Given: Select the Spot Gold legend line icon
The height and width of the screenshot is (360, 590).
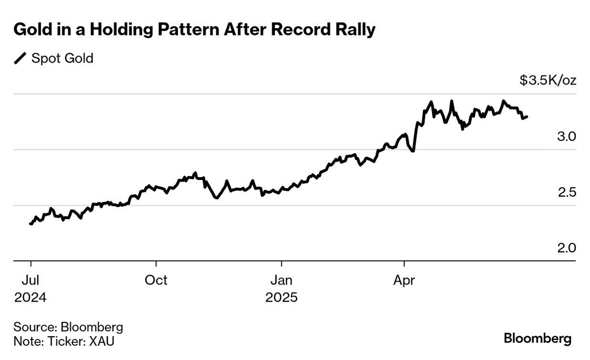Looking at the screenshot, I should pos(21,59).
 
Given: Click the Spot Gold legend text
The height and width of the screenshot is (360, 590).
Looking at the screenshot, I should pos(62,59).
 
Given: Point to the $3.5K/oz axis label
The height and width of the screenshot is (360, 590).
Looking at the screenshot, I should pos(548,80).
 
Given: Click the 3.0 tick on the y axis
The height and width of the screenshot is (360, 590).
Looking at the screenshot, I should pos(566,137).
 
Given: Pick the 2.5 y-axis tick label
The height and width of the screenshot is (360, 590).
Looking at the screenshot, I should pos(566,192).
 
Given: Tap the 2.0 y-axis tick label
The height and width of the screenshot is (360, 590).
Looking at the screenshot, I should pos(566,248).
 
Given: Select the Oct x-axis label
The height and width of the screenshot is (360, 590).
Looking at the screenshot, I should pos(156,280).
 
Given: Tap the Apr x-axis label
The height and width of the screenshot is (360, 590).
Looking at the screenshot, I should pos(404,280).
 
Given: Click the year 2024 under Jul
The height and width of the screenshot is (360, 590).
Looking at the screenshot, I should pos(31,297).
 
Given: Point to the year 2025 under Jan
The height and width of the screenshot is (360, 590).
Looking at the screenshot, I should pos(282,297).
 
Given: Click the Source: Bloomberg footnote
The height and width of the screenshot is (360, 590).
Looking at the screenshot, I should pos(68,328).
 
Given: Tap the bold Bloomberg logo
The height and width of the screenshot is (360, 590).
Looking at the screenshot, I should pos(537,339).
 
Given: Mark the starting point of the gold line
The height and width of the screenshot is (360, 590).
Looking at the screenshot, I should pos(31,223).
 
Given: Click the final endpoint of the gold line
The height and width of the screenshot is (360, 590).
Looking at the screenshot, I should pos(527,116).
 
